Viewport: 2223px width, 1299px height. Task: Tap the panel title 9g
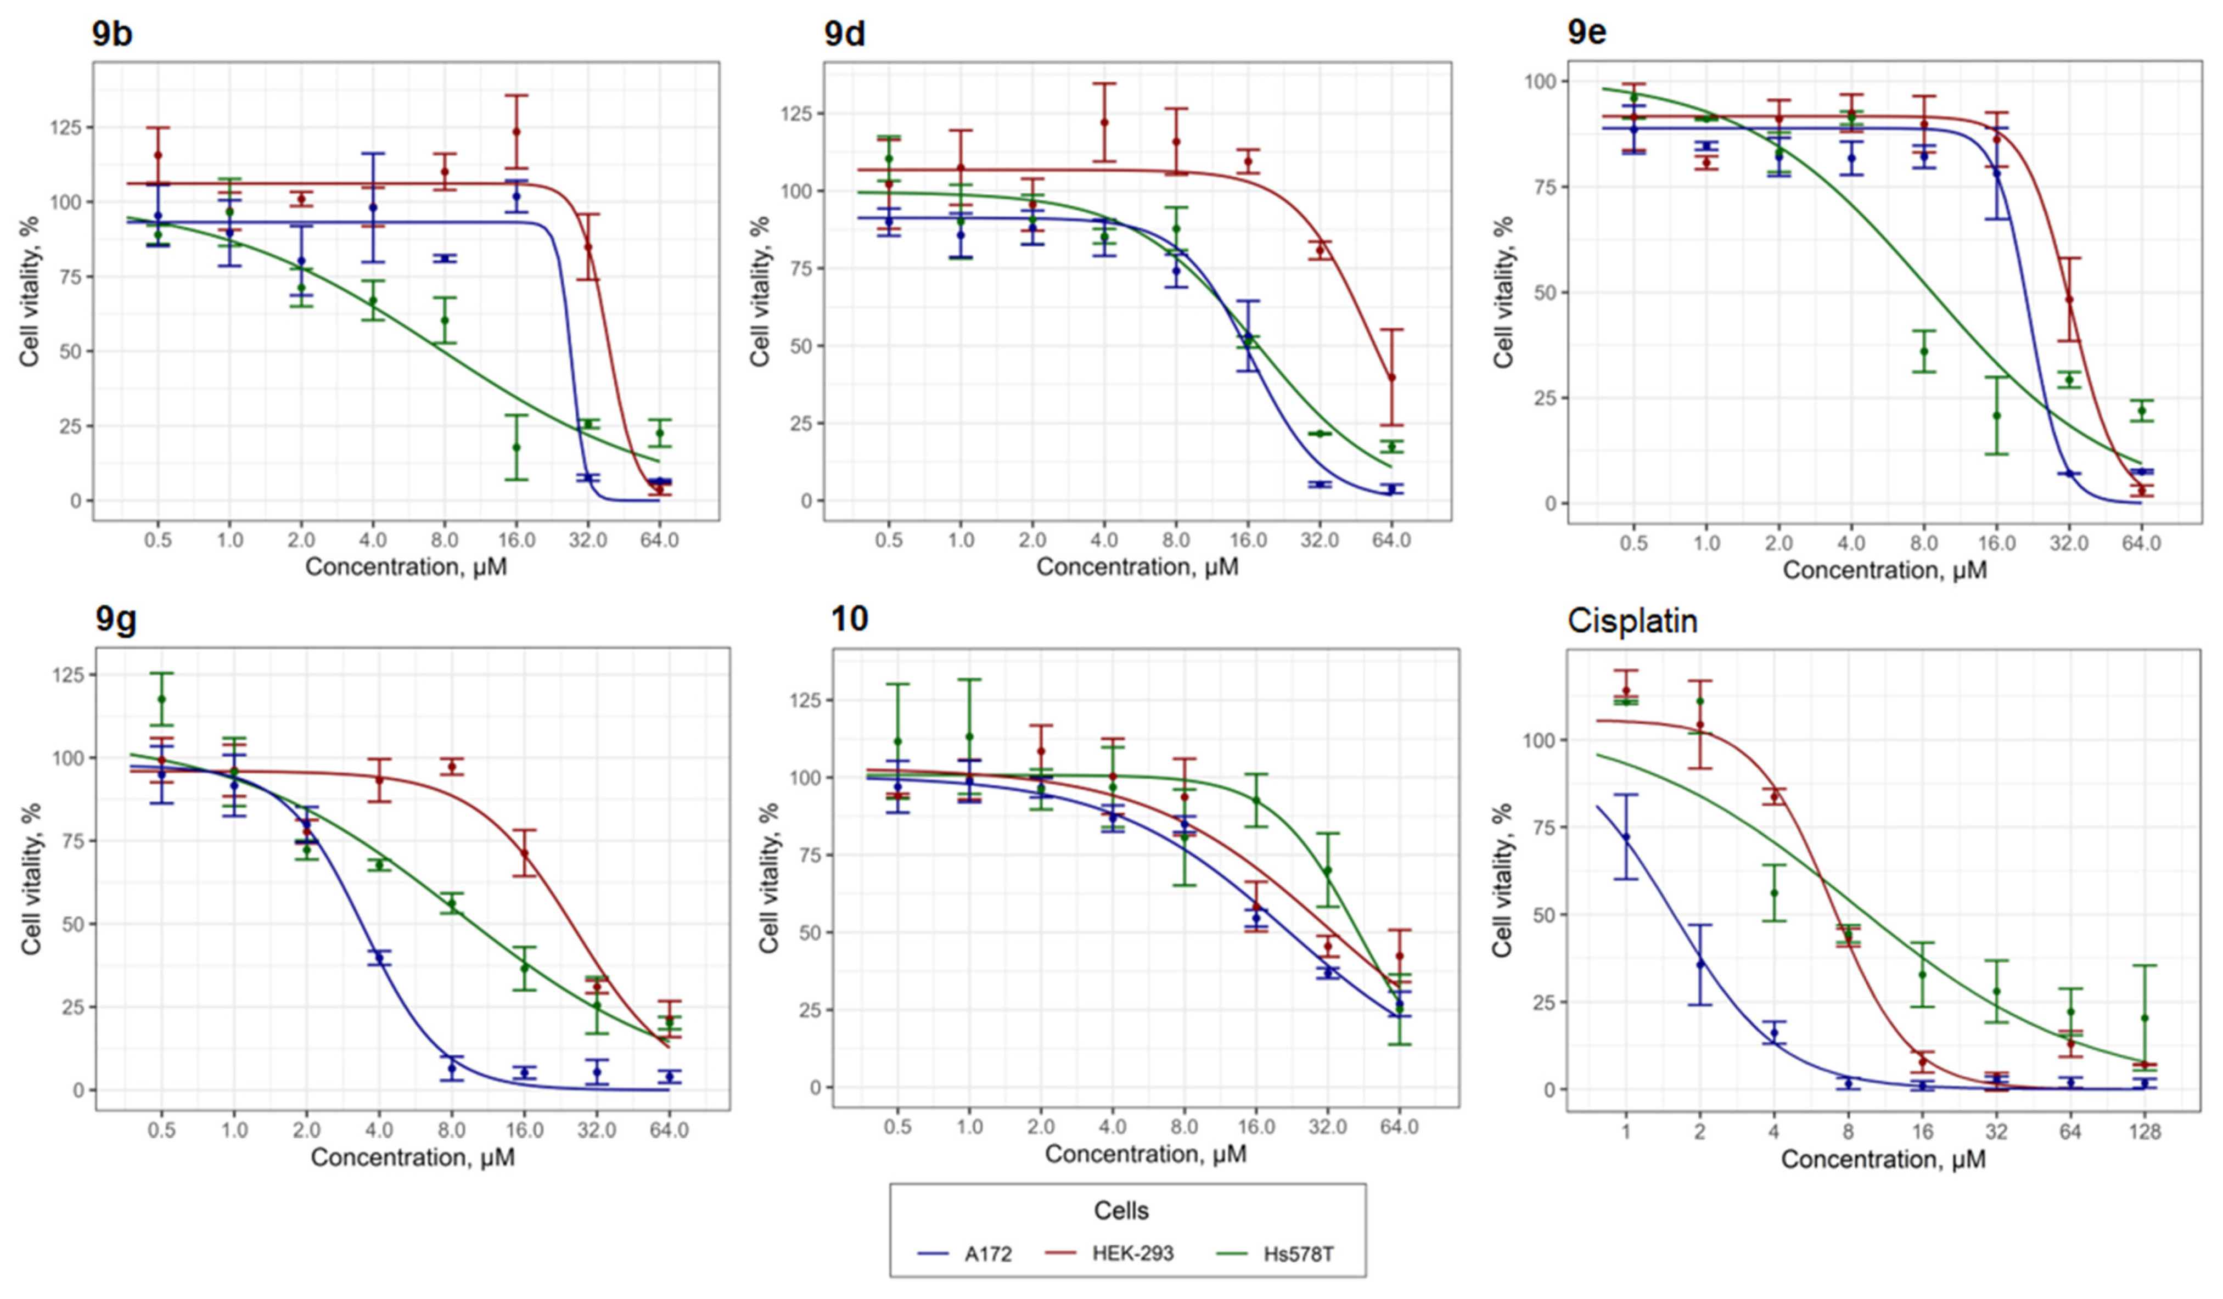point(116,620)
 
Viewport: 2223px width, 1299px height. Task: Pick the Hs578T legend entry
point(1275,1253)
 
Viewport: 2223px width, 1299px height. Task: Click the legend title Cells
point(1121,1210)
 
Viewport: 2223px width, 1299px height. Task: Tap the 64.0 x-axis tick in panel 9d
point(1391,539)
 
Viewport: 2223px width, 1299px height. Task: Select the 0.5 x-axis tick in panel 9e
point(1633,543)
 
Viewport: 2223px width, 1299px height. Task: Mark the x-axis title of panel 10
point(1146,1154)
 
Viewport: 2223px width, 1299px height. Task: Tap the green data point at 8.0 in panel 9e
point(1924,351)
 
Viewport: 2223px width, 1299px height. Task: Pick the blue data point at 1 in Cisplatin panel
point(1626,837)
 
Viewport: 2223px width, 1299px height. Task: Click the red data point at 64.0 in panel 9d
point(1391,378)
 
